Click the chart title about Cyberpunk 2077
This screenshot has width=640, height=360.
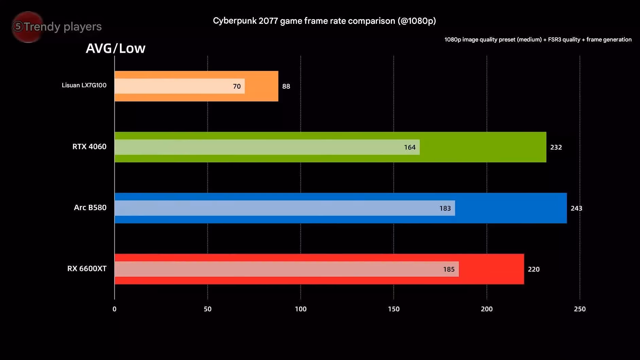(324, 21)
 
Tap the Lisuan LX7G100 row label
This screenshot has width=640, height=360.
(84, 85)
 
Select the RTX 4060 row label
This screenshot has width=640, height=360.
(89, 146)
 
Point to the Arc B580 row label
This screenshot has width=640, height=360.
(90, 208)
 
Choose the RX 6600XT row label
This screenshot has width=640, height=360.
(87, 269)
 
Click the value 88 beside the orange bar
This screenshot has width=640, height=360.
(286, 86)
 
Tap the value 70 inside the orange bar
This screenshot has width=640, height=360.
(237, 86)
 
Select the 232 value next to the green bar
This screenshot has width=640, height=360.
(556, 147)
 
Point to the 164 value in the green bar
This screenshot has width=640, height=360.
(410, 147)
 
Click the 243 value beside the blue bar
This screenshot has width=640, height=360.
(576, 208)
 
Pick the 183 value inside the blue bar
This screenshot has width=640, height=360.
(445, 208)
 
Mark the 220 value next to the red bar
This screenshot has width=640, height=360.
(534, 269)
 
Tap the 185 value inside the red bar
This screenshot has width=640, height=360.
(449, 269)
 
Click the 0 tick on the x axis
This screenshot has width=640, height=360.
(114, 309)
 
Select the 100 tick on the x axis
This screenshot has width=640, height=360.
(301, 309)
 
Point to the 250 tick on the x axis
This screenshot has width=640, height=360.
(580, 309)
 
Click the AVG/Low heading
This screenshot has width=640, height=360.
(115, 48)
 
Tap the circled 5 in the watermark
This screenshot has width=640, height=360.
(18, 26)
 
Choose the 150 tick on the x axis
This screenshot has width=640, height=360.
(394, 309)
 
